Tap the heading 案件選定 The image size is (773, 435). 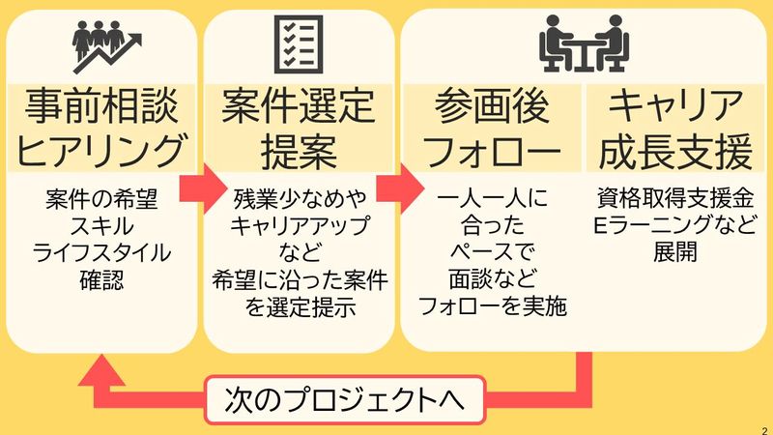(x=298, y=106)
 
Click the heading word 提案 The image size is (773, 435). (x=298, y=152)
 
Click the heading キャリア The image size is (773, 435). (x=673, y=106)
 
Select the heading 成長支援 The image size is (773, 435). (x=673, y=152)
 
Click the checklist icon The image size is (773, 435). (x=299, y=43)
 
